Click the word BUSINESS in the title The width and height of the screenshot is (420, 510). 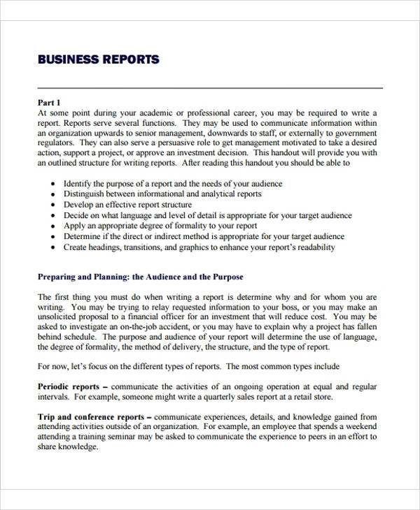click(66, 59)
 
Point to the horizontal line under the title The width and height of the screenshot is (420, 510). click(210, 89)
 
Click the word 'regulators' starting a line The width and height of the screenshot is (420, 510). click(55, 143)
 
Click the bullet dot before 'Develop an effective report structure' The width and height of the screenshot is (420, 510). click(55, 205)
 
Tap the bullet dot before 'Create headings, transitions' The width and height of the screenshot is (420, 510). click(55, 248)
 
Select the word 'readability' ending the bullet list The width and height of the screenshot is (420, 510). click(315, 247)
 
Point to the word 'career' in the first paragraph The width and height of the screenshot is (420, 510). click(238, 112)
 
